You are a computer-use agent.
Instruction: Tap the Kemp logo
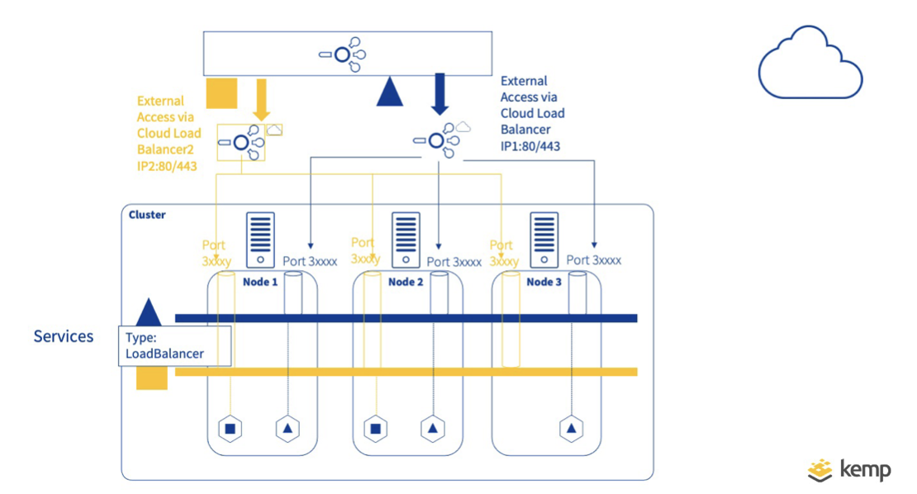[849, 469]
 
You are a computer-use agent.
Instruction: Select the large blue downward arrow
[439, 94]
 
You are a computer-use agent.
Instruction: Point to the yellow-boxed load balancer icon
[241, 143]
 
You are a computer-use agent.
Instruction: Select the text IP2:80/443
[168, 165]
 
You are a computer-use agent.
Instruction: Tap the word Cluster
[147, 215]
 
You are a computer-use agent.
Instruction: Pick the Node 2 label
[406, 282]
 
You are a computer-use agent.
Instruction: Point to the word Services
[64, 336]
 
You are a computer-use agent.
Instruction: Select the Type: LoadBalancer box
[174, 346]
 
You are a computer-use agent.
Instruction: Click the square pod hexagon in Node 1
[230, 429]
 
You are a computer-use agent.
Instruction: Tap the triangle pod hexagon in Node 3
[571, 429]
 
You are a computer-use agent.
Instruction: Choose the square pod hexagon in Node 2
[375, 429]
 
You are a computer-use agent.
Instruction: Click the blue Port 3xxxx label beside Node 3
[593, 260]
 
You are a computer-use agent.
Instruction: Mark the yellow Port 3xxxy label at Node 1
[215, 253]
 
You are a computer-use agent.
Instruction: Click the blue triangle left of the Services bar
[149, 312]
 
